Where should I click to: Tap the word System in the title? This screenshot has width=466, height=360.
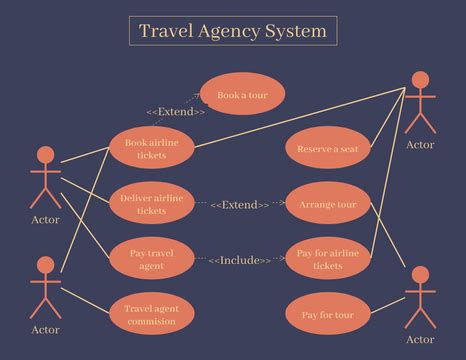[295, 31]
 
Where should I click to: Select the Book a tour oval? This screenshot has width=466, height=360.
[242, 95]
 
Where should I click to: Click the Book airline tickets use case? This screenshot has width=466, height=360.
[151, 149]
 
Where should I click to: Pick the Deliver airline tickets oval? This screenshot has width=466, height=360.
[151, 205]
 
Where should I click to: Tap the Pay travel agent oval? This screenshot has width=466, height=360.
[151, 260]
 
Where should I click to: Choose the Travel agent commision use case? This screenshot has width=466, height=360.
[151, 315]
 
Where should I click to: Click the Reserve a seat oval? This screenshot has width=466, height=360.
[327, 149]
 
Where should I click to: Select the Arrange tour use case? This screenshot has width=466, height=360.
[327, 205]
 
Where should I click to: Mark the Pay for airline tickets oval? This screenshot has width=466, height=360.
[327, 260]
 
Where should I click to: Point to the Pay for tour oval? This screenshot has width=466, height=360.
[327, 315]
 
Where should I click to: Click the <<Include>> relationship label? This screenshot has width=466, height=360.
[239, 261]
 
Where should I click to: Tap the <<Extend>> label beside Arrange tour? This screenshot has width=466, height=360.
[239, 205]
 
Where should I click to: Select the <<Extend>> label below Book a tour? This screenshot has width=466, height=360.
[176, 112]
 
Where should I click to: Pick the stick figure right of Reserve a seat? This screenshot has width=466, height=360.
[420, 102]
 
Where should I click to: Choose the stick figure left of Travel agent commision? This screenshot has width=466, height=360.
[45, 285]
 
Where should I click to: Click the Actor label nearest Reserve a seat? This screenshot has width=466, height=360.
[420, 145]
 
